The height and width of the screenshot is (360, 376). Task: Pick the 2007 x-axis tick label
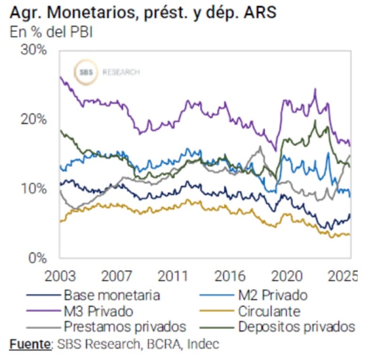coord(115,275)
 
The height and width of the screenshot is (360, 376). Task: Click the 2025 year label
coord(340,275)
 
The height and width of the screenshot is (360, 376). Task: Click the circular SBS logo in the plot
coord(86,72)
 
